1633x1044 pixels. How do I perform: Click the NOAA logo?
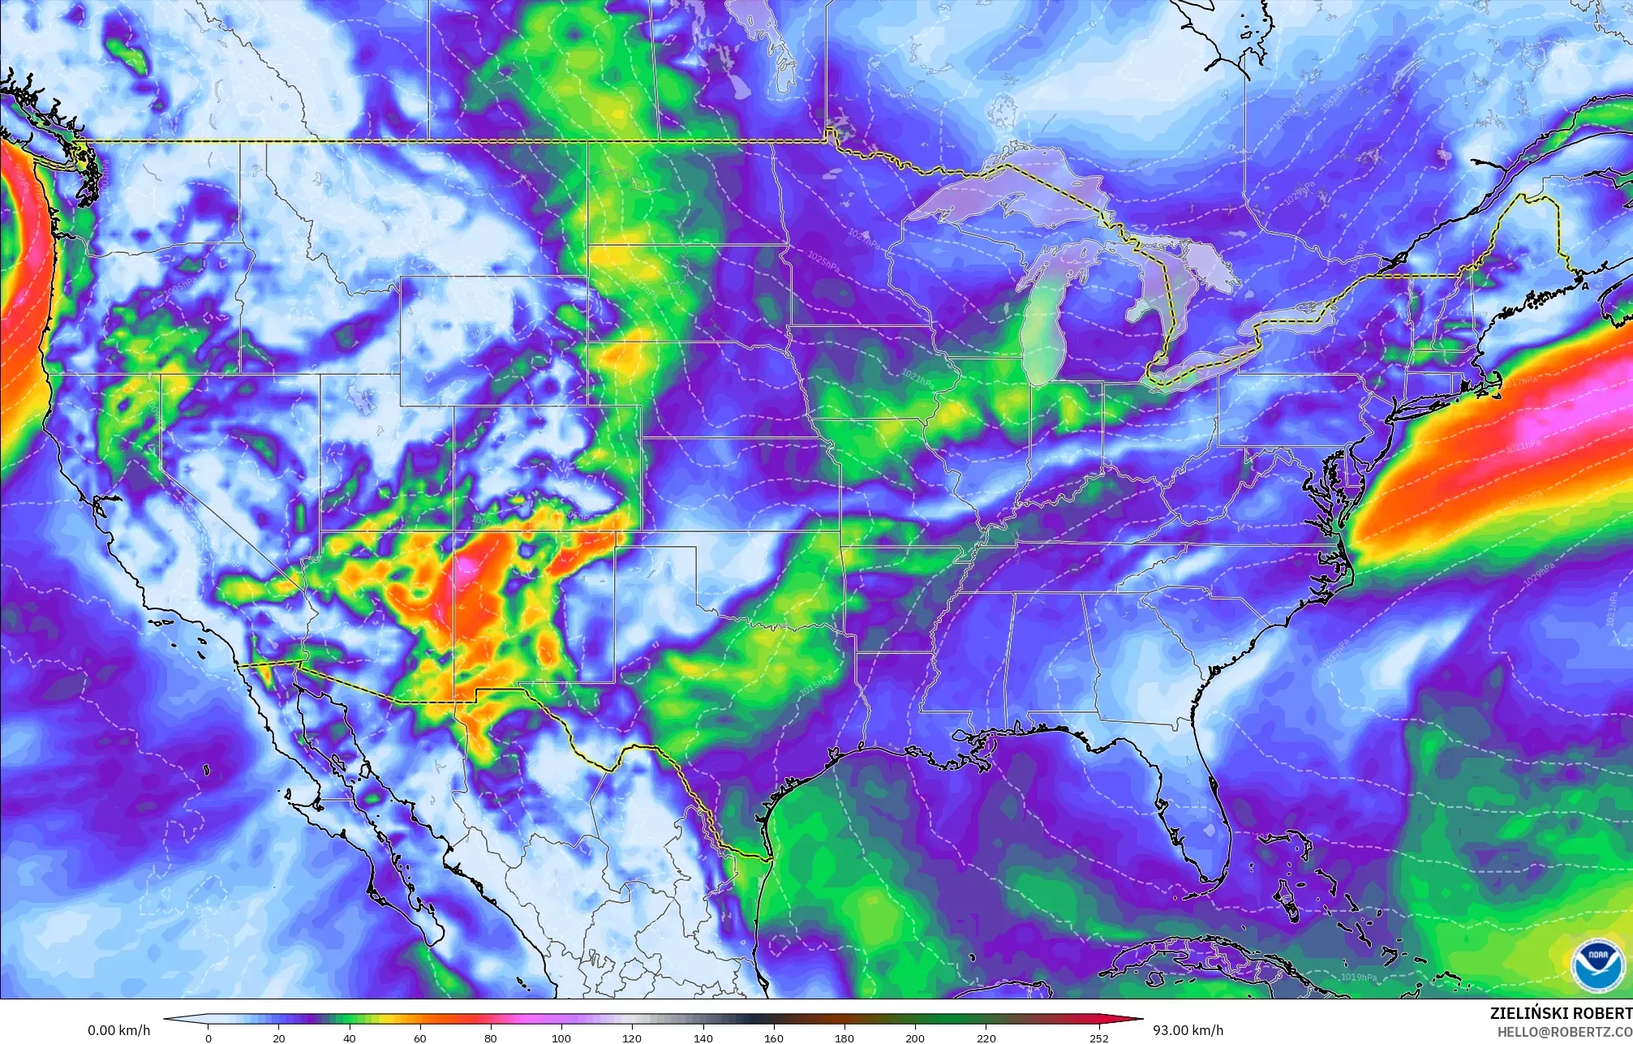[x=1597, y=964]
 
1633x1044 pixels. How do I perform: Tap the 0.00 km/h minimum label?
[x=118, y=1030]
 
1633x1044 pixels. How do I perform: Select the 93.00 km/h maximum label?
[x=1188, y=1030]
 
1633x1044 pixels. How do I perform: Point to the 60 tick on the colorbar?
[x=420, y=1038]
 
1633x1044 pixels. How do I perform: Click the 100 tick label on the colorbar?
[x=561, y=1038]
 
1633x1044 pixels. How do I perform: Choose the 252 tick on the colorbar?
[x=1098, y=1038]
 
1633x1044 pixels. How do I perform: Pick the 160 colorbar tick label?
[x=773, y=1038]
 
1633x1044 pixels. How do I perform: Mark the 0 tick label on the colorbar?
[x=208, y=1038]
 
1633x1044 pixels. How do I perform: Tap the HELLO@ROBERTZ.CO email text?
[x=1564, y=1031]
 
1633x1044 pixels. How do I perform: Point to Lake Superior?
[x=1006, y=195]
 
